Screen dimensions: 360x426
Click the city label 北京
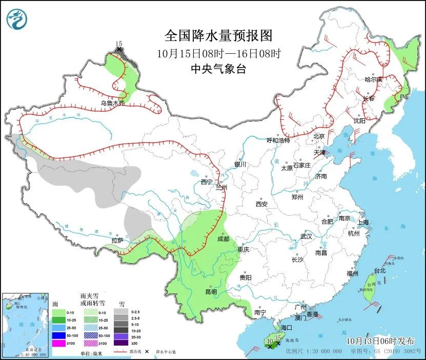319,137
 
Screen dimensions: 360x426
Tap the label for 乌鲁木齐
112,103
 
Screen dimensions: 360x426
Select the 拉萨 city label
117,240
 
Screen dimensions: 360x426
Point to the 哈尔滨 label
373,79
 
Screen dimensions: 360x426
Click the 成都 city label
223,238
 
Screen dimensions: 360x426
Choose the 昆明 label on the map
211,291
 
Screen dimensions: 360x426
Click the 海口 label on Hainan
287,327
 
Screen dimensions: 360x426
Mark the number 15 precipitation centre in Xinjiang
119,45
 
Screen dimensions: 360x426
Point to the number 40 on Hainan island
270,341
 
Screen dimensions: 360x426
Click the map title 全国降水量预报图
217,35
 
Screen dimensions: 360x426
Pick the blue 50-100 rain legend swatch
58,336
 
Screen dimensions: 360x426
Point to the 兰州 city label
221,187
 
